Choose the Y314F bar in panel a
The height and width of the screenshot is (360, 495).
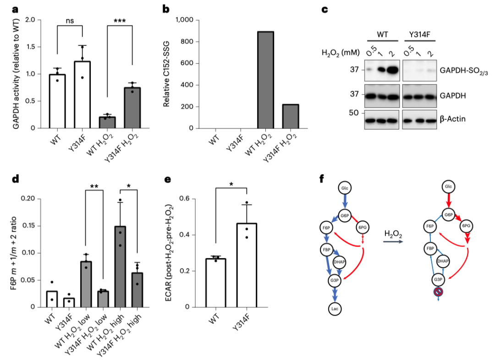click(82, 94)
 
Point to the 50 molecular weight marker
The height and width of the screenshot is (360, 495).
click(354, 112)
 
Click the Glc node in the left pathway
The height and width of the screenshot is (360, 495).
click(345, 188)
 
